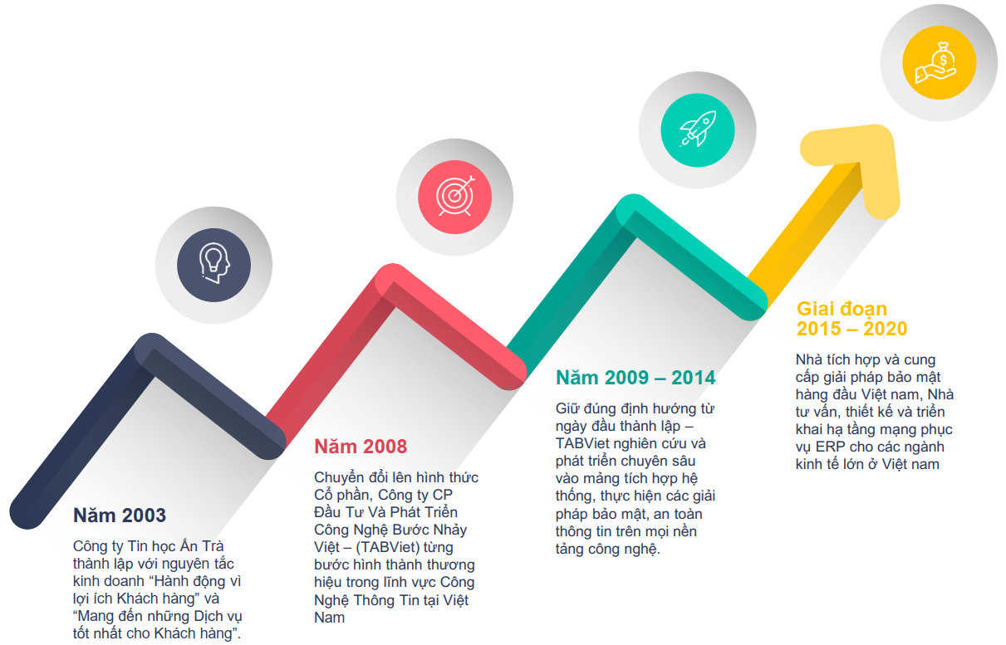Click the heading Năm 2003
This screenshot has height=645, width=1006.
(x=120, y=516)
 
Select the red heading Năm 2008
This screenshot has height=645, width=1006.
(x=361, y=447)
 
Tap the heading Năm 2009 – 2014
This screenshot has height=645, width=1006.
(x=635, y=378)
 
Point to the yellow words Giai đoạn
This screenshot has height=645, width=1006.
(x=842, y=310)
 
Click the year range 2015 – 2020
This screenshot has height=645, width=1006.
(x=852, y=329)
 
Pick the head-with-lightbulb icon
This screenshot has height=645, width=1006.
(x=213, y=263)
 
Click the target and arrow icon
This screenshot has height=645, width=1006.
(x=455, y=196)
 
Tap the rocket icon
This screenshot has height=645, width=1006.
(x=698, y=129)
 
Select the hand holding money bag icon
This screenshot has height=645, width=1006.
(x=936, y=63)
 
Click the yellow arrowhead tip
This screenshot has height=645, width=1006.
(x=881, y=134)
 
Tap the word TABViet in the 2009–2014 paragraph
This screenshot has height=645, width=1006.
(x=582, y=443)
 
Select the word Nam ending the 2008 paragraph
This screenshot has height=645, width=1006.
(x=329, y=618)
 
